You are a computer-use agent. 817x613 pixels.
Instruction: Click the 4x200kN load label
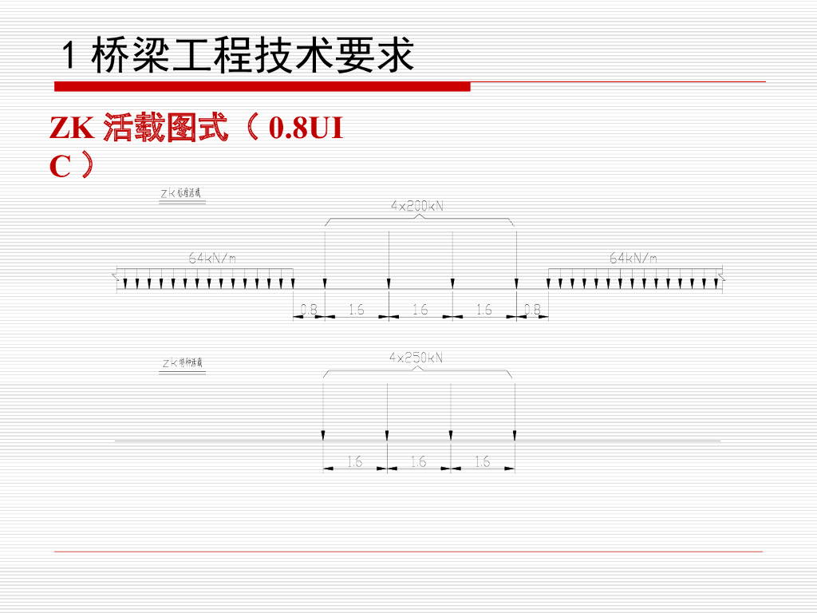[416, 206]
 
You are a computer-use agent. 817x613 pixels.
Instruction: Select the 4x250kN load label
[416, 358]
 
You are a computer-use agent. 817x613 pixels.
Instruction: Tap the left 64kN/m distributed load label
[212, 258]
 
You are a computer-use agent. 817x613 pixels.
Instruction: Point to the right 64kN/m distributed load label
[633, 258]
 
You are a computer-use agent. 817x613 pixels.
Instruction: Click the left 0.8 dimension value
[309, 310]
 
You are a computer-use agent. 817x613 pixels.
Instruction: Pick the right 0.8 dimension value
[532, 310]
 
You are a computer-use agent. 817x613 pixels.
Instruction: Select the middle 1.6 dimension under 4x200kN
[420, 310]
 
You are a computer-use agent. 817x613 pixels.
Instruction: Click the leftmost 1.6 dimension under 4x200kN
[356, 310]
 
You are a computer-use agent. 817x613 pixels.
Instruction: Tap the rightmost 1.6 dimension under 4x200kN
[483, 310]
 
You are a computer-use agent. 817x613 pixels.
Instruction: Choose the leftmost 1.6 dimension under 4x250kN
[354, 461]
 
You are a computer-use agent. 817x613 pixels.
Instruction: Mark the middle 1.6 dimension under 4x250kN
[418, 461]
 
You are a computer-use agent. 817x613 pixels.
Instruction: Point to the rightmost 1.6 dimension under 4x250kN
[482, 461]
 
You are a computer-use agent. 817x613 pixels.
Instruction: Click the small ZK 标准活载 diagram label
[182, 193]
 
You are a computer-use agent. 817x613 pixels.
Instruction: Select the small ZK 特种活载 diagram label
[182, 363]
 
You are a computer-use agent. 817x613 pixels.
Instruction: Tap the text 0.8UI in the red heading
[306, 129]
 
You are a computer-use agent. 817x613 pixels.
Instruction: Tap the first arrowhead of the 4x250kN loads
[323, 434]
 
